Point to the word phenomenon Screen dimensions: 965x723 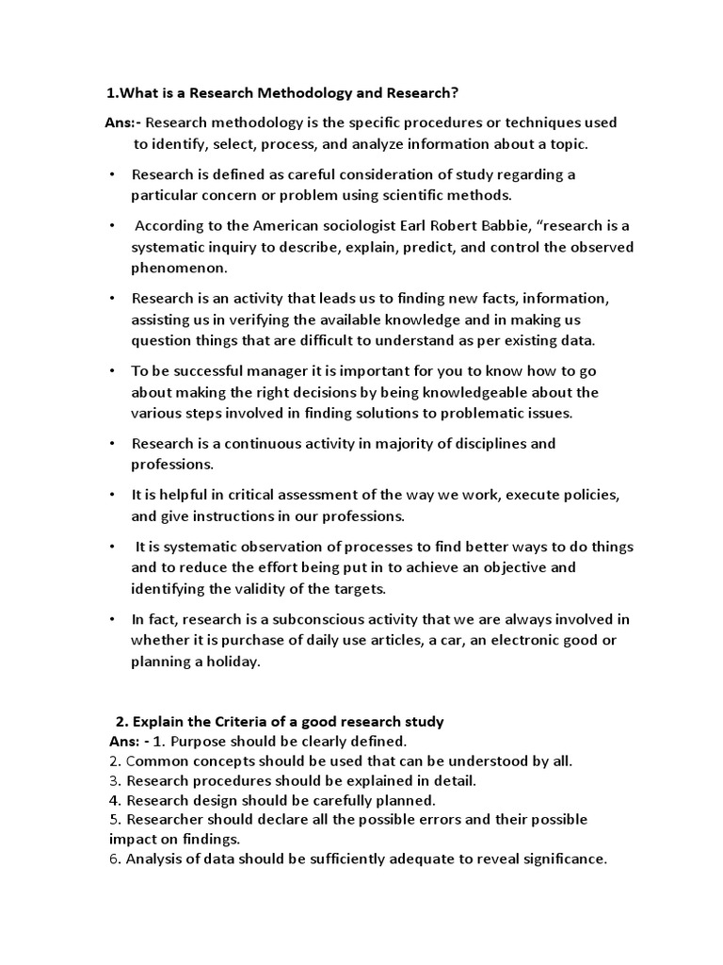[179, 268]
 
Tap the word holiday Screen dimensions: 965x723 [230, 661]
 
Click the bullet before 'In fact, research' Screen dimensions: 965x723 [111, 619]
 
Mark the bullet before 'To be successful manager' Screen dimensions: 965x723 [111, 371]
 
